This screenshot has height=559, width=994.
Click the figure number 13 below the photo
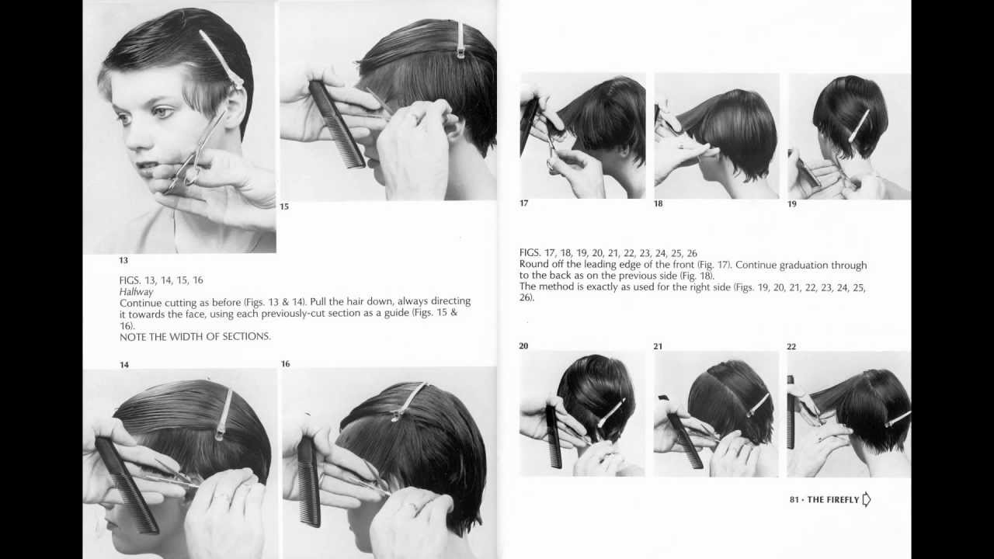point(123,261)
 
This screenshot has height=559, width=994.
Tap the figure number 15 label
point(284,207)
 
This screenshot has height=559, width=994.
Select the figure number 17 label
point(523,203)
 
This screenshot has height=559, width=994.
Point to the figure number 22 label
point(791,346)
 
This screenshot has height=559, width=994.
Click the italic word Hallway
point(137,291)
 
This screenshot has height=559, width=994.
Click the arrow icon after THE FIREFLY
point(867,499)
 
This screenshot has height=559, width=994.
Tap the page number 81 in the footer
point(794,500)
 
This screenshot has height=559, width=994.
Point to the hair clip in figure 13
point(221,58)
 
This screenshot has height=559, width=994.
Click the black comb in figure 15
point(337,124)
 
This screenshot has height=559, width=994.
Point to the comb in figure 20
point(553,436)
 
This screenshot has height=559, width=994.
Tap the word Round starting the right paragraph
point(535,264)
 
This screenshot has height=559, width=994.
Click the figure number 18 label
point(658,203)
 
